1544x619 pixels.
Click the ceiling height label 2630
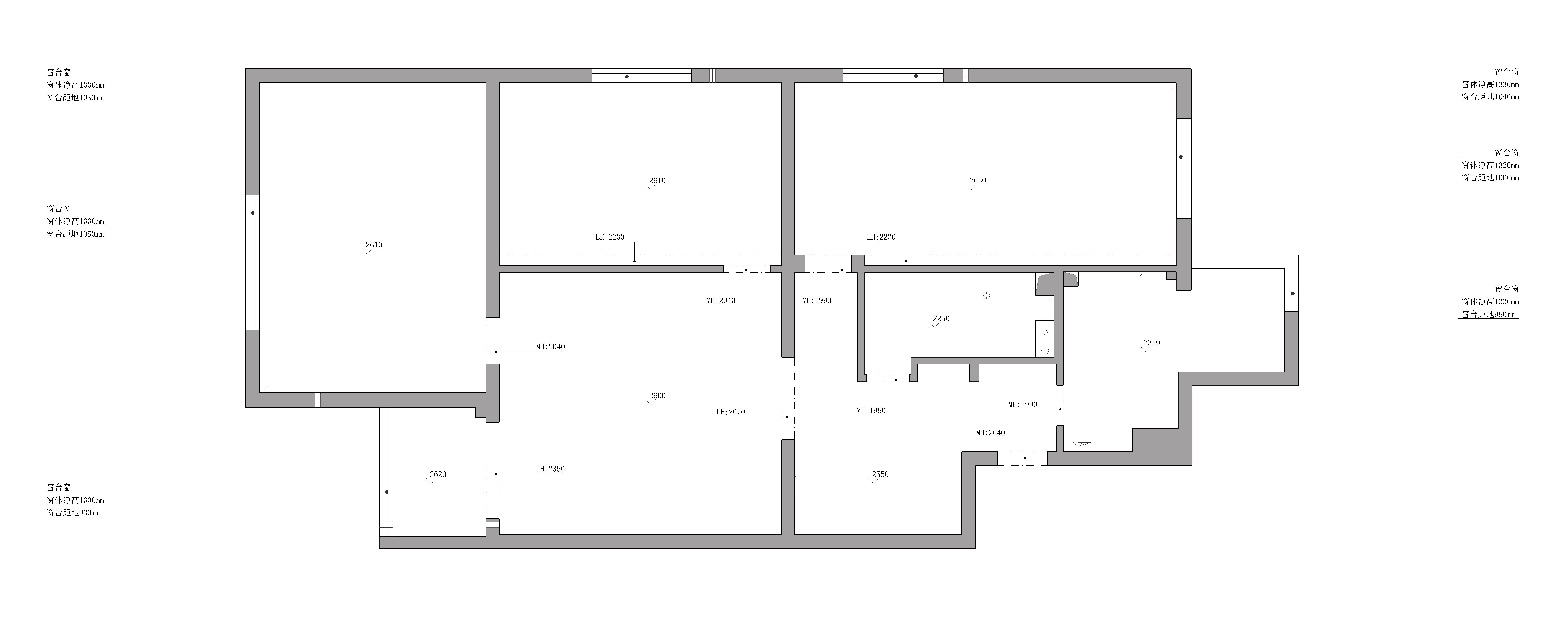tap(978, 180)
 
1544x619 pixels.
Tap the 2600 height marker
tap(657, 396)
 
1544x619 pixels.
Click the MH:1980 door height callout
tap(871, 410)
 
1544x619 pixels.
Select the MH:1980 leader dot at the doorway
tap(896, 379)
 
